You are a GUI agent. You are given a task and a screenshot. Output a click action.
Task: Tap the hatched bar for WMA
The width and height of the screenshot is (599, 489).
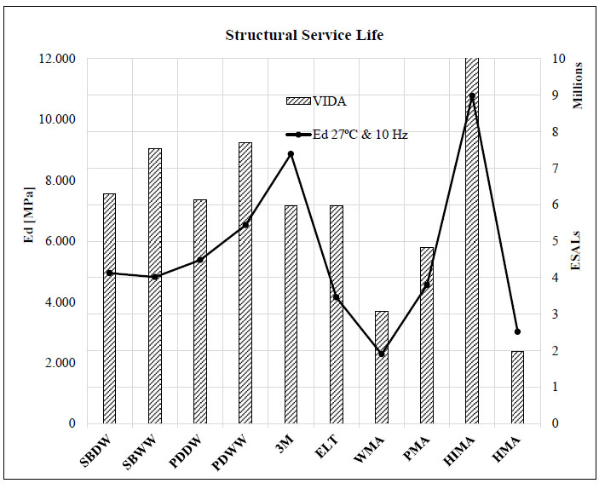click(x=382, y=367)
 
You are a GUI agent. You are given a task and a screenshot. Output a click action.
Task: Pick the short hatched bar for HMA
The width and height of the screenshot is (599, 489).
click(x=517, y=387)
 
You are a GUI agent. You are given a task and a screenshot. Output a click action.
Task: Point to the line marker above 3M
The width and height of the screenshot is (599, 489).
click(x=291, y=154)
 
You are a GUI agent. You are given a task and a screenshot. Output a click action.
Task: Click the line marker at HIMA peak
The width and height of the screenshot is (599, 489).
click(x=472, y=95)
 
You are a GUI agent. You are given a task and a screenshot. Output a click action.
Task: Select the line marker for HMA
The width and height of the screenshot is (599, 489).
click(x=517, y=331)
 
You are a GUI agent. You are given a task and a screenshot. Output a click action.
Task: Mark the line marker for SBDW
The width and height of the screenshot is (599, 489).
click(x=109, y=273)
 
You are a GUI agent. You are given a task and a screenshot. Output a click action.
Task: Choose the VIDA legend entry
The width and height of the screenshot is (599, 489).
click(x=316, y=101)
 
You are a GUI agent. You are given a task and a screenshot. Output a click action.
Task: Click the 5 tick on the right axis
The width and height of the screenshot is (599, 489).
click(x=556, y=241)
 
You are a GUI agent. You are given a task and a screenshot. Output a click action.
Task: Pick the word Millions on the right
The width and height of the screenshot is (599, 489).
click(x=578, y=85)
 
